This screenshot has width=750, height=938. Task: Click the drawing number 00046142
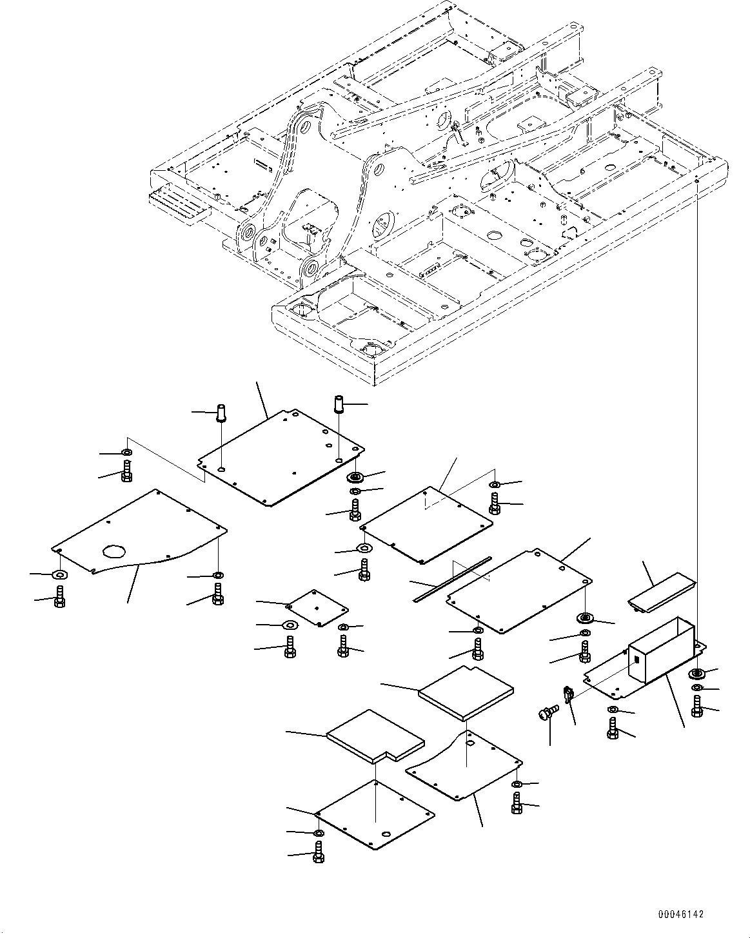point(681,915)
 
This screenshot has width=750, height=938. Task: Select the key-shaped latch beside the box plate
point(569,695)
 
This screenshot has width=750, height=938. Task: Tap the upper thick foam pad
point(466,692)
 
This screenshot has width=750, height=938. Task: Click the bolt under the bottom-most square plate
point(318,855)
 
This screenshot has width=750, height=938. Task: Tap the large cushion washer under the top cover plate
point(355,477)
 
